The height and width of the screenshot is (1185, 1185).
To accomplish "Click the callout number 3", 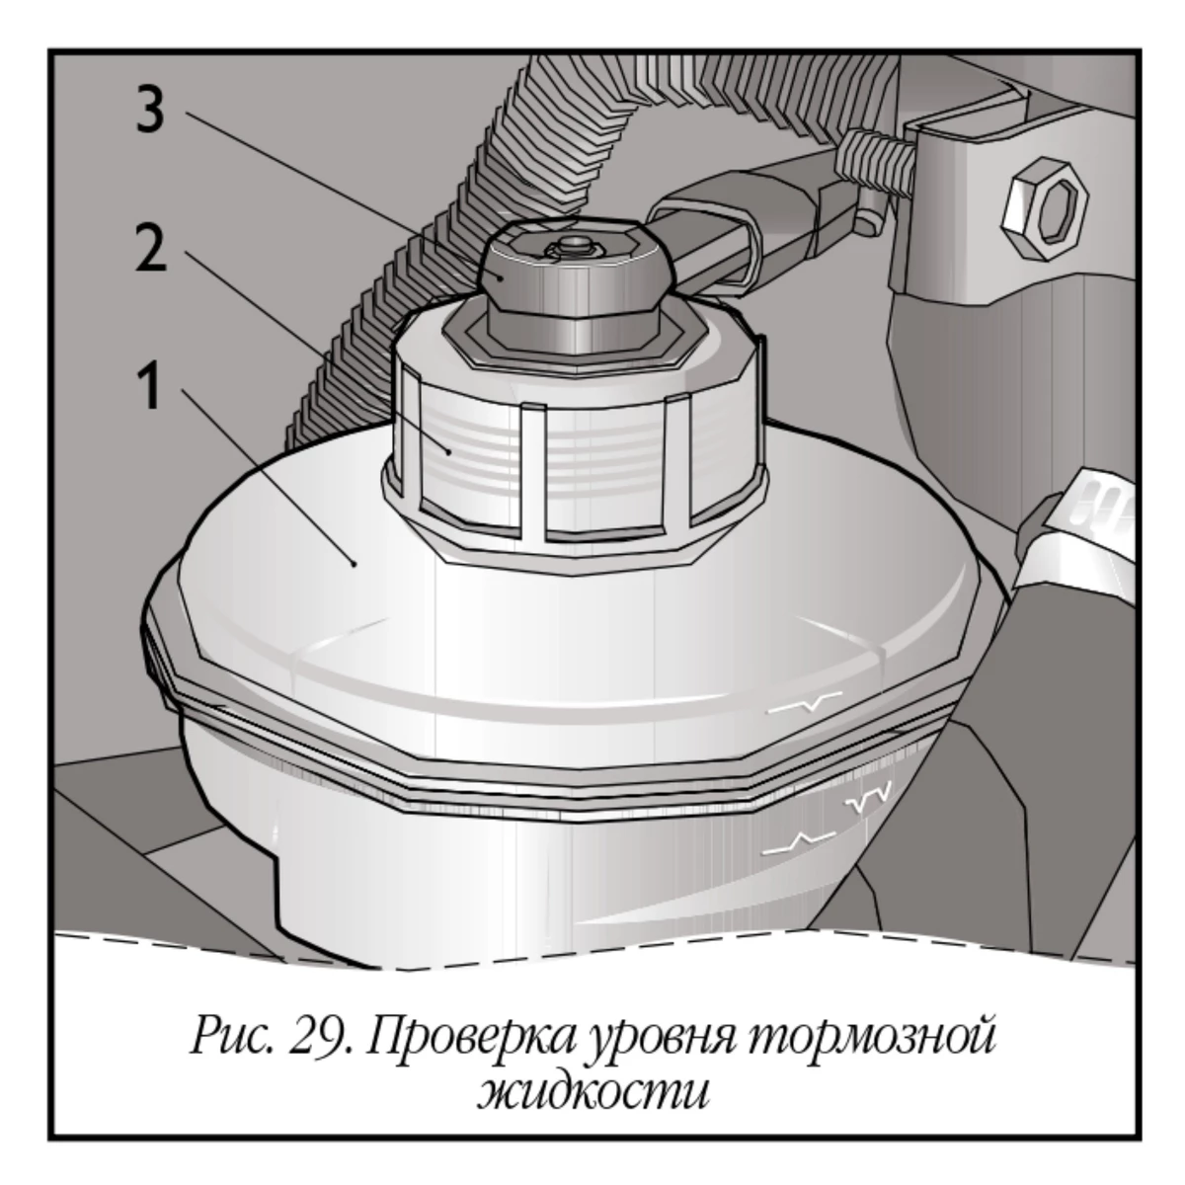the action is coord(151,109).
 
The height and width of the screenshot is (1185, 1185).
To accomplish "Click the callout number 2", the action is coord(151,248).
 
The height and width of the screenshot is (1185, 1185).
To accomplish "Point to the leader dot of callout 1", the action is coord(353,563).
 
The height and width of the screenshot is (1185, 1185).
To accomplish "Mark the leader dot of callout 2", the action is coord(450,452).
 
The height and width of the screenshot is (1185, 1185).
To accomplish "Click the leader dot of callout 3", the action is coord(503,277).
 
